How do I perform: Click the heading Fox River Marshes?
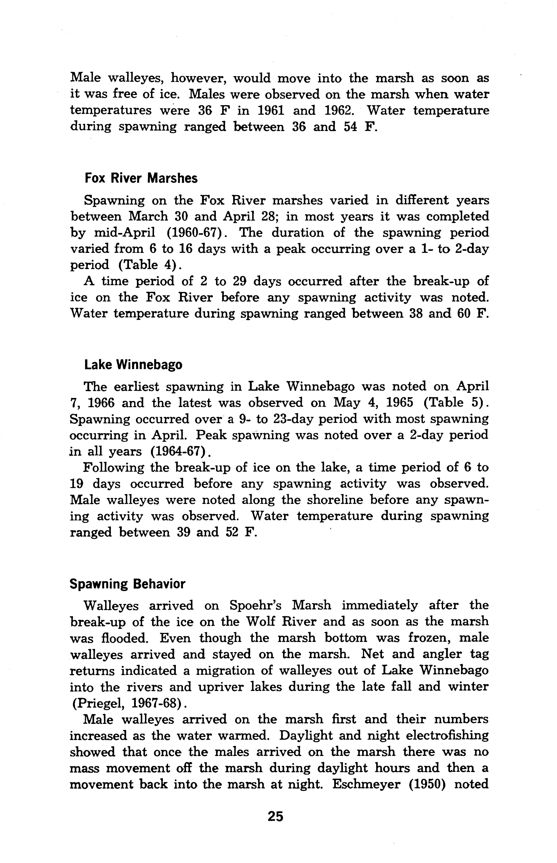click(141, 178)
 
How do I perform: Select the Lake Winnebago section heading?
click(133, 365)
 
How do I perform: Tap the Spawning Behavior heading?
click(127, 584)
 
